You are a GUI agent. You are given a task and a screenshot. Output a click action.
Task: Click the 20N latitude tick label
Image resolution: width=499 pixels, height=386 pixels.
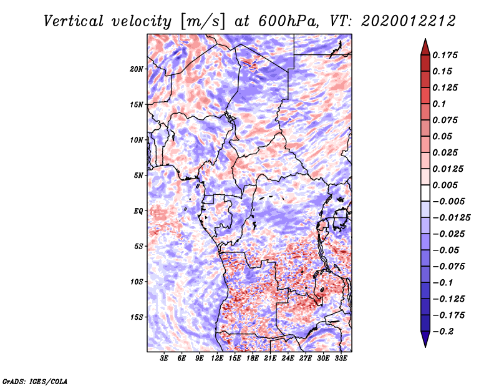(x=137, y=69)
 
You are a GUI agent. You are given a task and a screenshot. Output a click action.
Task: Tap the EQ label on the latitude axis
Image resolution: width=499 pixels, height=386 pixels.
(x=138, y=211)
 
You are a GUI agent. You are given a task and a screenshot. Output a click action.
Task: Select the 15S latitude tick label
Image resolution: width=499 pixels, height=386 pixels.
(x=137, y=317)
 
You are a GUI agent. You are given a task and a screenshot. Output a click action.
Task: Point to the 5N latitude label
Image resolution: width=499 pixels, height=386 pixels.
(x=138, y=176)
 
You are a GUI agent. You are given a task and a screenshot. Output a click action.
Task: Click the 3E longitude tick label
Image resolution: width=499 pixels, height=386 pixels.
(x=164, y=359)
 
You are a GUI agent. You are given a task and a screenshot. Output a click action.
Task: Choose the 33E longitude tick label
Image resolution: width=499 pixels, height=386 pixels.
(x=341, y=359)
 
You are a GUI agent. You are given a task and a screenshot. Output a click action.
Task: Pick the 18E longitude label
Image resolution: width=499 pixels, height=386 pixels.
(x=253, y=359)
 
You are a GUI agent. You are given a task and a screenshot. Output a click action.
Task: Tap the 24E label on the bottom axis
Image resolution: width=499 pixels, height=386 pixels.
(x=288, y=359)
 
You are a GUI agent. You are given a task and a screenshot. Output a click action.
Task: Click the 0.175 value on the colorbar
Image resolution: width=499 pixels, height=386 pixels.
(x=445, y=55)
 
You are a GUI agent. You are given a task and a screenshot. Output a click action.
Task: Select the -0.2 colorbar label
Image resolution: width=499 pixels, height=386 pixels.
(x=443, y=332)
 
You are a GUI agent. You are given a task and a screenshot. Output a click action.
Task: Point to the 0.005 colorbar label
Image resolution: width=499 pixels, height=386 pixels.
(x=445, y=185)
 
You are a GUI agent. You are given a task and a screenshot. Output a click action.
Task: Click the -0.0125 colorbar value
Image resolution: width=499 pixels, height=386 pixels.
(x=451, y=218)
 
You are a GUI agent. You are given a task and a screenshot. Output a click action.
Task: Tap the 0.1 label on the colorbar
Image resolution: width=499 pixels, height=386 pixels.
(x=439, y=104)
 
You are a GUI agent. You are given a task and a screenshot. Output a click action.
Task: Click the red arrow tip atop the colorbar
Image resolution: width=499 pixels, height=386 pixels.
(x=425, y=39)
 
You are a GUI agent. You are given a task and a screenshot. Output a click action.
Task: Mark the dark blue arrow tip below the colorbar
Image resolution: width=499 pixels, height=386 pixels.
(x=425, y=347)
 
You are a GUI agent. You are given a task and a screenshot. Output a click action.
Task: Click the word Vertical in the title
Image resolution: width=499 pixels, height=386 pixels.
(x=74, y=21)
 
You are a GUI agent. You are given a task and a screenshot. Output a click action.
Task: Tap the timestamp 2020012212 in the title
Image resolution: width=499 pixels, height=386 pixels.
(x=409, y=21)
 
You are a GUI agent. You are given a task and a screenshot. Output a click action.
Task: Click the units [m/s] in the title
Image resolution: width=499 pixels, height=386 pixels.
(x=203, y=22)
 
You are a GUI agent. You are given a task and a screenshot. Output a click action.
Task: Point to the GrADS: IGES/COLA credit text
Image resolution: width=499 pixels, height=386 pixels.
(x=35, y=381)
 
